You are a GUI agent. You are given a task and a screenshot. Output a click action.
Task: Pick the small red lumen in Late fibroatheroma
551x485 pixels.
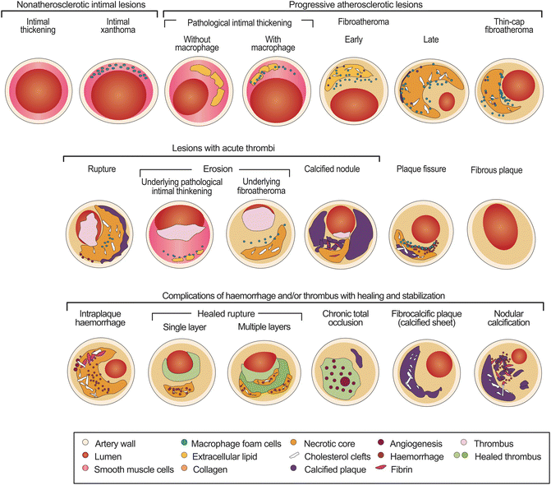pyautogui.click(x=447, y=103)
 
